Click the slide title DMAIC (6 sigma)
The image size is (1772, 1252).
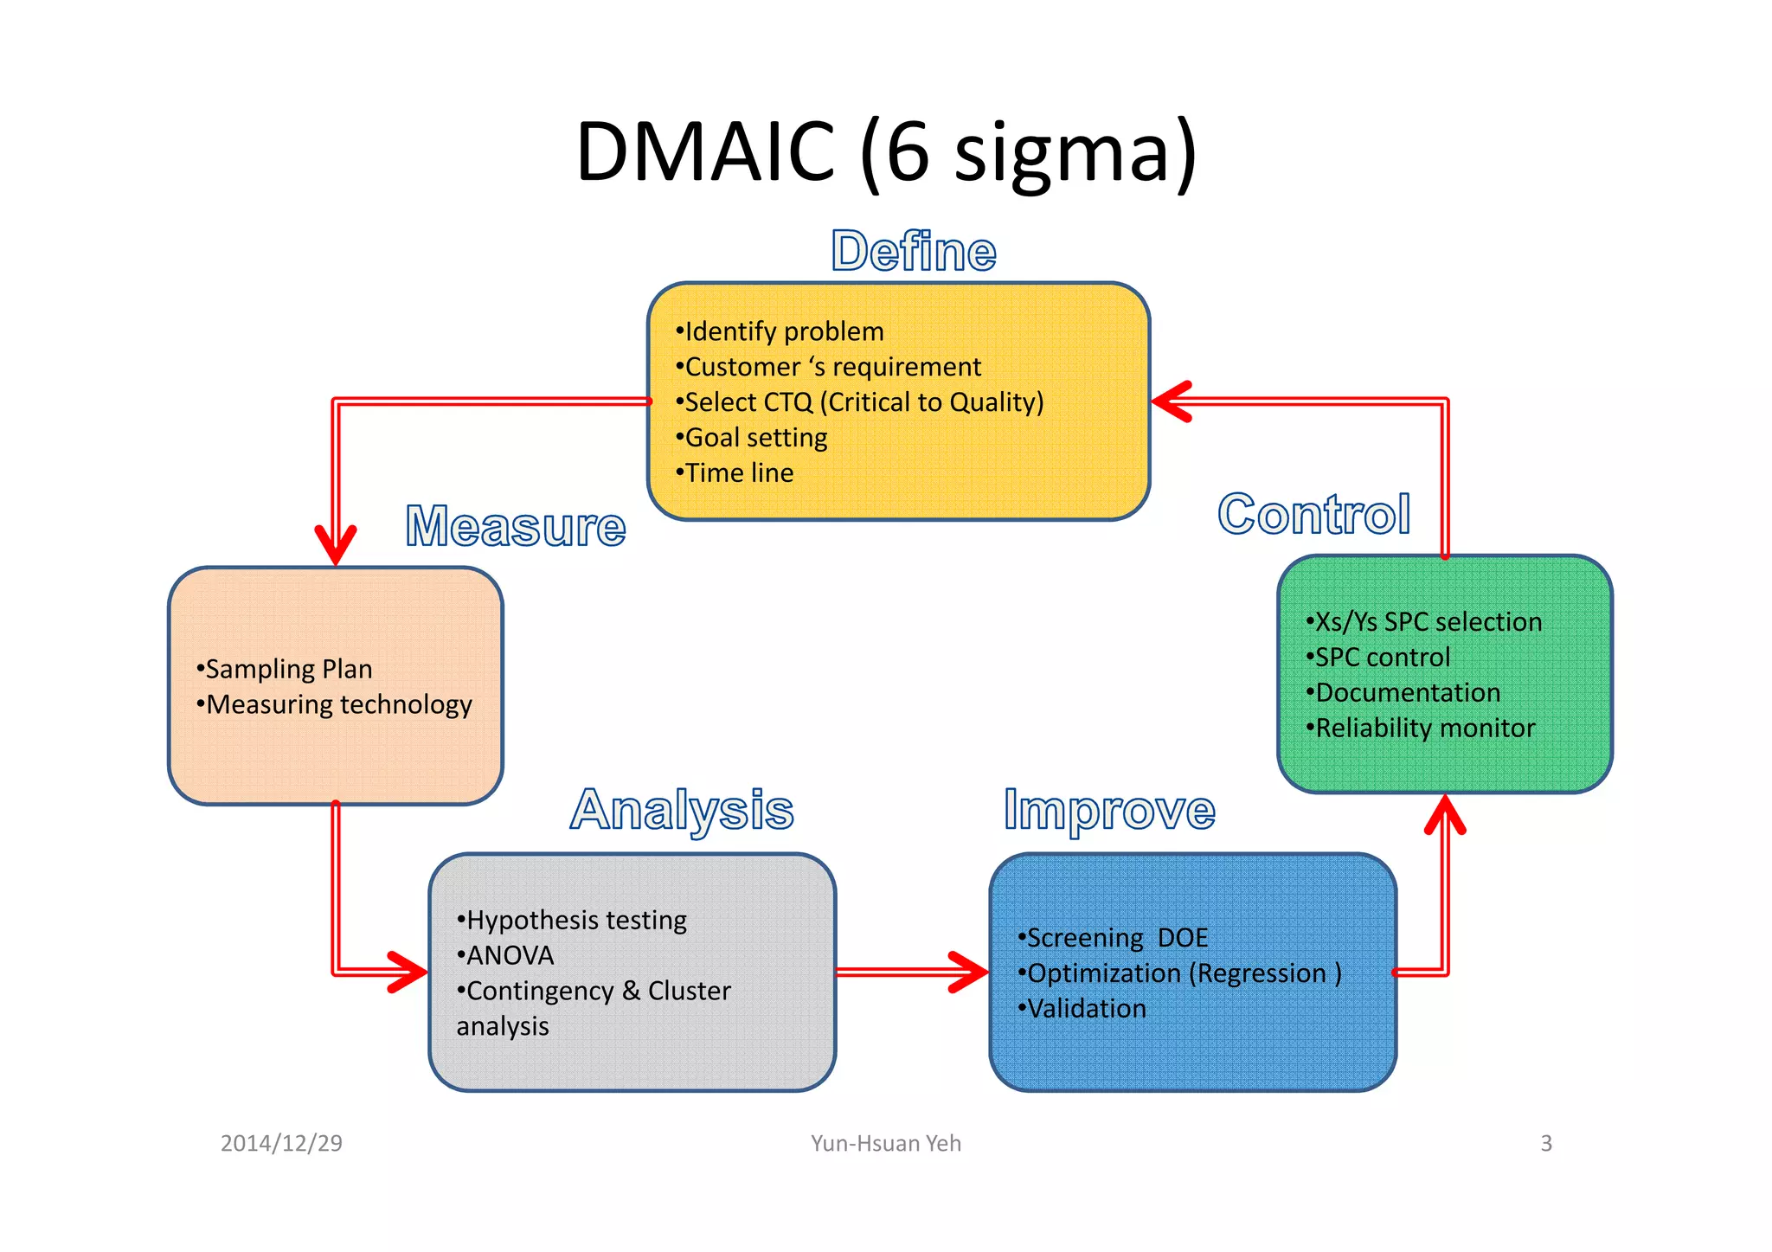point(886,151)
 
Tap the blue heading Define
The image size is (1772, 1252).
point(914,252)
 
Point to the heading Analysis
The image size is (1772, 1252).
point(682,810)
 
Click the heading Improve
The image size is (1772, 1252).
point(1109,810)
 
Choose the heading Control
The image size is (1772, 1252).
point(1313,514)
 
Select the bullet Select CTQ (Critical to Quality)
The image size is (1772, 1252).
point(862,402)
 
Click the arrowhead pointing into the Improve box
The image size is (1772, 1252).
point(971,973)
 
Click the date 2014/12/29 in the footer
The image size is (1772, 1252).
point(281,1143)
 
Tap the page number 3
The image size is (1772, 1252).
point(1546,1143)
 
